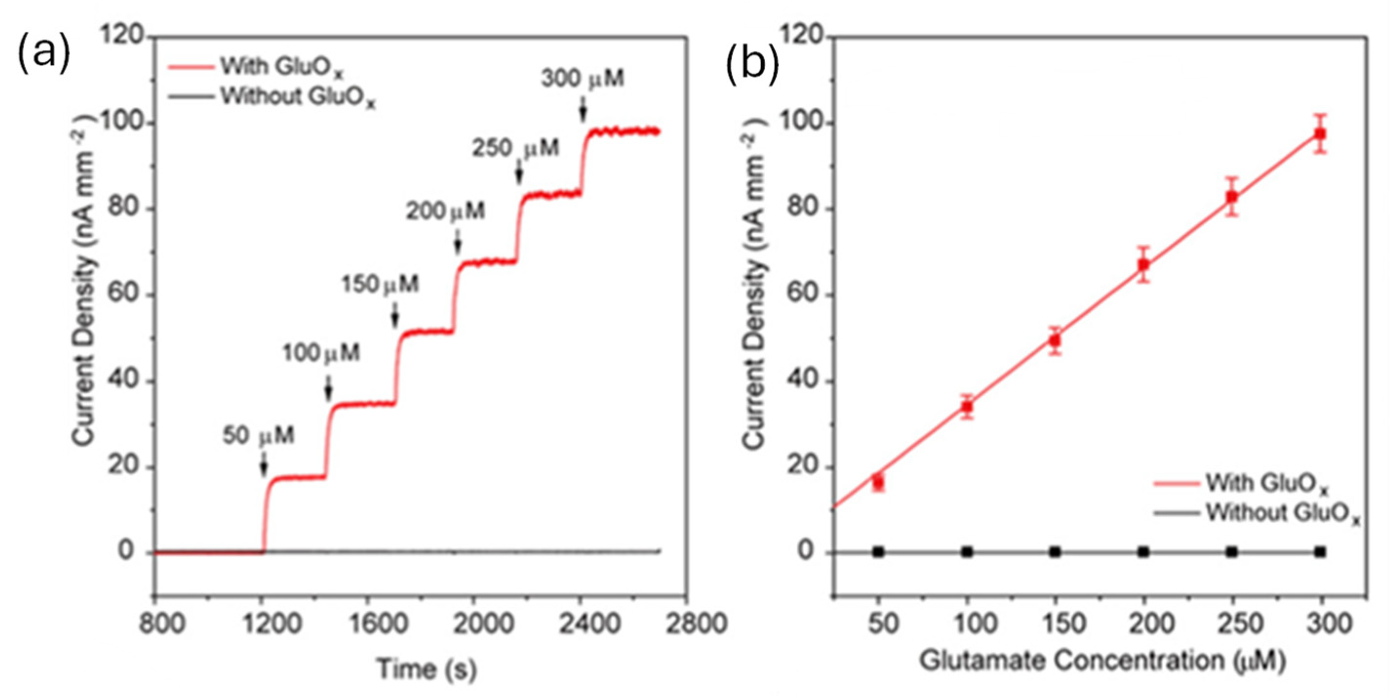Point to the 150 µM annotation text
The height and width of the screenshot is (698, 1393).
(380, 284)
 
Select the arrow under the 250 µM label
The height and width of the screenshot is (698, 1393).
(519, 174)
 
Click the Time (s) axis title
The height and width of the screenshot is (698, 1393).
(427, 669)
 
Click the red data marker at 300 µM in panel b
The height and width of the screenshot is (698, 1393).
(1320, 134)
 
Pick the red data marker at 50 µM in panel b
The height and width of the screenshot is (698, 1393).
(878, 481)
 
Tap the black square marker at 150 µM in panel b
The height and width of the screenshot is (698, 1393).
(1055, 552)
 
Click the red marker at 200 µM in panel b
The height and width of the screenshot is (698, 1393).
(1143, 264)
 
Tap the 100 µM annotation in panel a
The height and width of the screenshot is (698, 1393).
(321, 353)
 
